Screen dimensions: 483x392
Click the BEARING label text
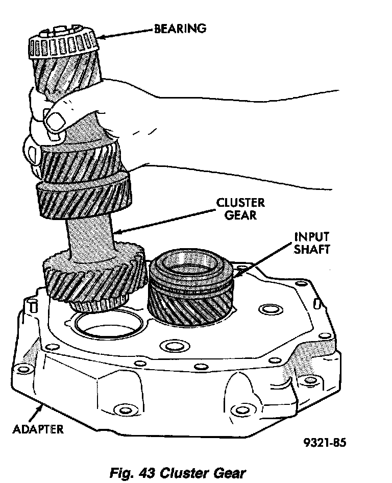(x=180, y=28)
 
